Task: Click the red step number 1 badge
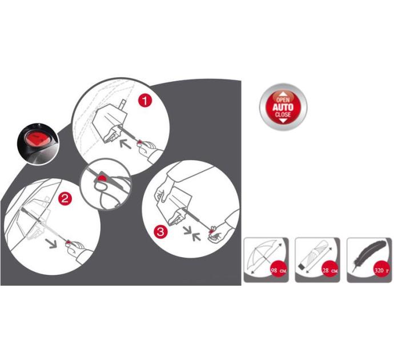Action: (145, 101)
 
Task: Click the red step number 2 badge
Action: (65, 199)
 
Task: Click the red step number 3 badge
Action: (160, 231)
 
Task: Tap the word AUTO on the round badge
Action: (283, 107)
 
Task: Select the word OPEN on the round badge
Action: (283, 100)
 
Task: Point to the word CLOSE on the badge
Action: (283, 115)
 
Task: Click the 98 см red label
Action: (279, 270)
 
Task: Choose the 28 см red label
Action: (330, 270)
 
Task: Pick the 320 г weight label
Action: (381, 270)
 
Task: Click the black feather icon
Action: (368, 256)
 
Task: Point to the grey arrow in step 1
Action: (126, 144)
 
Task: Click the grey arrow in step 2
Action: (51, 243)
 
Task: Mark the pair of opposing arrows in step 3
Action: (192, 233)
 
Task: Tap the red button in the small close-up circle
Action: (102, 178)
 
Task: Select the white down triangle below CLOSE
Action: (283, 121)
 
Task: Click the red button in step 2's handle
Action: (68, 242)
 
